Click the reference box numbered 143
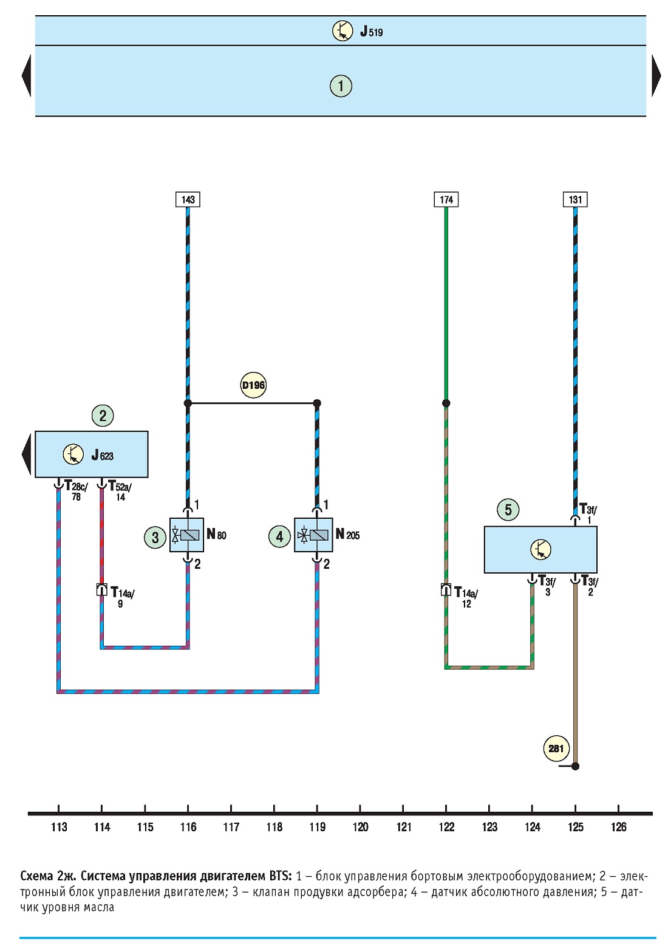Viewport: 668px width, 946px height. point(188,199)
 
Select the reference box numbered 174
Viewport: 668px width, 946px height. point(446,199)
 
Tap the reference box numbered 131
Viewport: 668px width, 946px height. point(575,199)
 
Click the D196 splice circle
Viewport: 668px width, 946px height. point(253,385)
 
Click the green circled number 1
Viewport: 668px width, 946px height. point(341,86)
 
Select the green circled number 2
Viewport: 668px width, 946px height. point(103,416)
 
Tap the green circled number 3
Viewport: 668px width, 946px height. point(155,537)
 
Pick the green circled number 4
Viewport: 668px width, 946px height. point(279,536)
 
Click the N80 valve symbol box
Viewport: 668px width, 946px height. point(186,535)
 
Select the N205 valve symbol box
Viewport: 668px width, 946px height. point(313,535)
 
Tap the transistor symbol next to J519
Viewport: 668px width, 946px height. point(343,30)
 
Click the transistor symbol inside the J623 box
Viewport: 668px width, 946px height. point(73,454)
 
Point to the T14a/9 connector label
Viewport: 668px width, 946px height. point(123,597)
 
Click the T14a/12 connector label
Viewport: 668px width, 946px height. point(466,597)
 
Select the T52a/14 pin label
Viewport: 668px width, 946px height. point(120,490)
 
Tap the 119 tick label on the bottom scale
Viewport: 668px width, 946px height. point(317,827)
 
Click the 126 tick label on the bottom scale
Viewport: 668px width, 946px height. point(618,827)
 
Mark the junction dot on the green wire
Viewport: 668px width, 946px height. point(446,403)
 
